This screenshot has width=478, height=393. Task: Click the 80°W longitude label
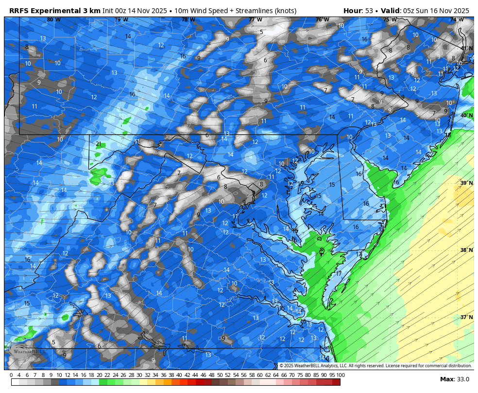point(54,20)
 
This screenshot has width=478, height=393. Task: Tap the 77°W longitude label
point(255,20)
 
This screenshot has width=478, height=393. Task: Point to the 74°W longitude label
point(456,20)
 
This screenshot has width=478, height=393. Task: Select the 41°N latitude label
point(466,48)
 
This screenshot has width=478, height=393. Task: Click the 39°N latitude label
point(466,183)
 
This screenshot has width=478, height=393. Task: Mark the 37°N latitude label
point(466,317)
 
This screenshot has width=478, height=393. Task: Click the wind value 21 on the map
point(99,144)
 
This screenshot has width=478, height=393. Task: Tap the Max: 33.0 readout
point(454,379)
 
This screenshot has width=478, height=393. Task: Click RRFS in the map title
point(19,11)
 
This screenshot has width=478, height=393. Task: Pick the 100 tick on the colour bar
point(341,375)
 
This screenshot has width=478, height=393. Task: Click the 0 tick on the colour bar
point(11,375)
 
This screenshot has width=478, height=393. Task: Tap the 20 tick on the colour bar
point(99,375)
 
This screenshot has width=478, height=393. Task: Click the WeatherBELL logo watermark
point(28,350)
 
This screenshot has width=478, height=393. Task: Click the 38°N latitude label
point(466,250)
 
